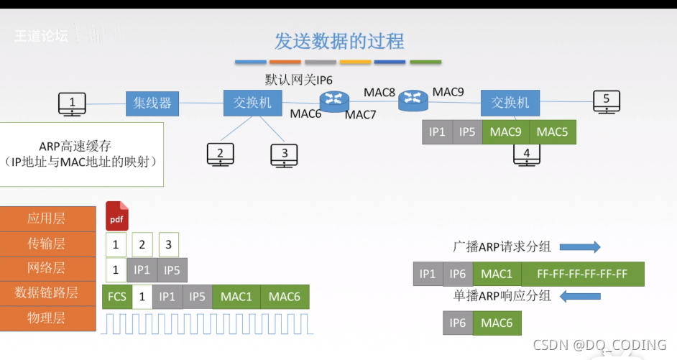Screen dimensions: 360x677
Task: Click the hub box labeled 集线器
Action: pos(152,103)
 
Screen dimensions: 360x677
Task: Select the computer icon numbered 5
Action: pos(607,102)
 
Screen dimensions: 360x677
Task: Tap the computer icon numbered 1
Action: pos(72,104)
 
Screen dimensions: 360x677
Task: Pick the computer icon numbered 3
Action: pos(285,154)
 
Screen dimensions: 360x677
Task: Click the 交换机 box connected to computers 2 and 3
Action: pos(252,103)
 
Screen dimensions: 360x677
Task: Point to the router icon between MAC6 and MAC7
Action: pos(333,101)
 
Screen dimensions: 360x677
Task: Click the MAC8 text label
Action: pos(379,92)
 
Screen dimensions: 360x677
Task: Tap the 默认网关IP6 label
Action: pos(299,79)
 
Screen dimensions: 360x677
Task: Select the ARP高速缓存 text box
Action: pos(81,154)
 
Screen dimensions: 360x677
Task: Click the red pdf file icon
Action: pos(117,216)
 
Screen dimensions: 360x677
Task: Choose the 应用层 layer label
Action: pos(47,219)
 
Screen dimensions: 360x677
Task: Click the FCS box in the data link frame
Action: pos(116,297)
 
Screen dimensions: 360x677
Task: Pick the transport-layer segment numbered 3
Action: pos(168,245)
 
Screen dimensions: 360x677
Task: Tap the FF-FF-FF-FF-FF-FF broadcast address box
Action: pos(583,274)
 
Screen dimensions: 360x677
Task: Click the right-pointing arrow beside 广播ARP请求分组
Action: pos(580,247)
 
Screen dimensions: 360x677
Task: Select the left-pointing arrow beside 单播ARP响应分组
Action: pos(580,296)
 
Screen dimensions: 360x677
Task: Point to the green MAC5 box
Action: pos(552,131)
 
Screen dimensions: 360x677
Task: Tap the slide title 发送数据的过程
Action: pos(339,41)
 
